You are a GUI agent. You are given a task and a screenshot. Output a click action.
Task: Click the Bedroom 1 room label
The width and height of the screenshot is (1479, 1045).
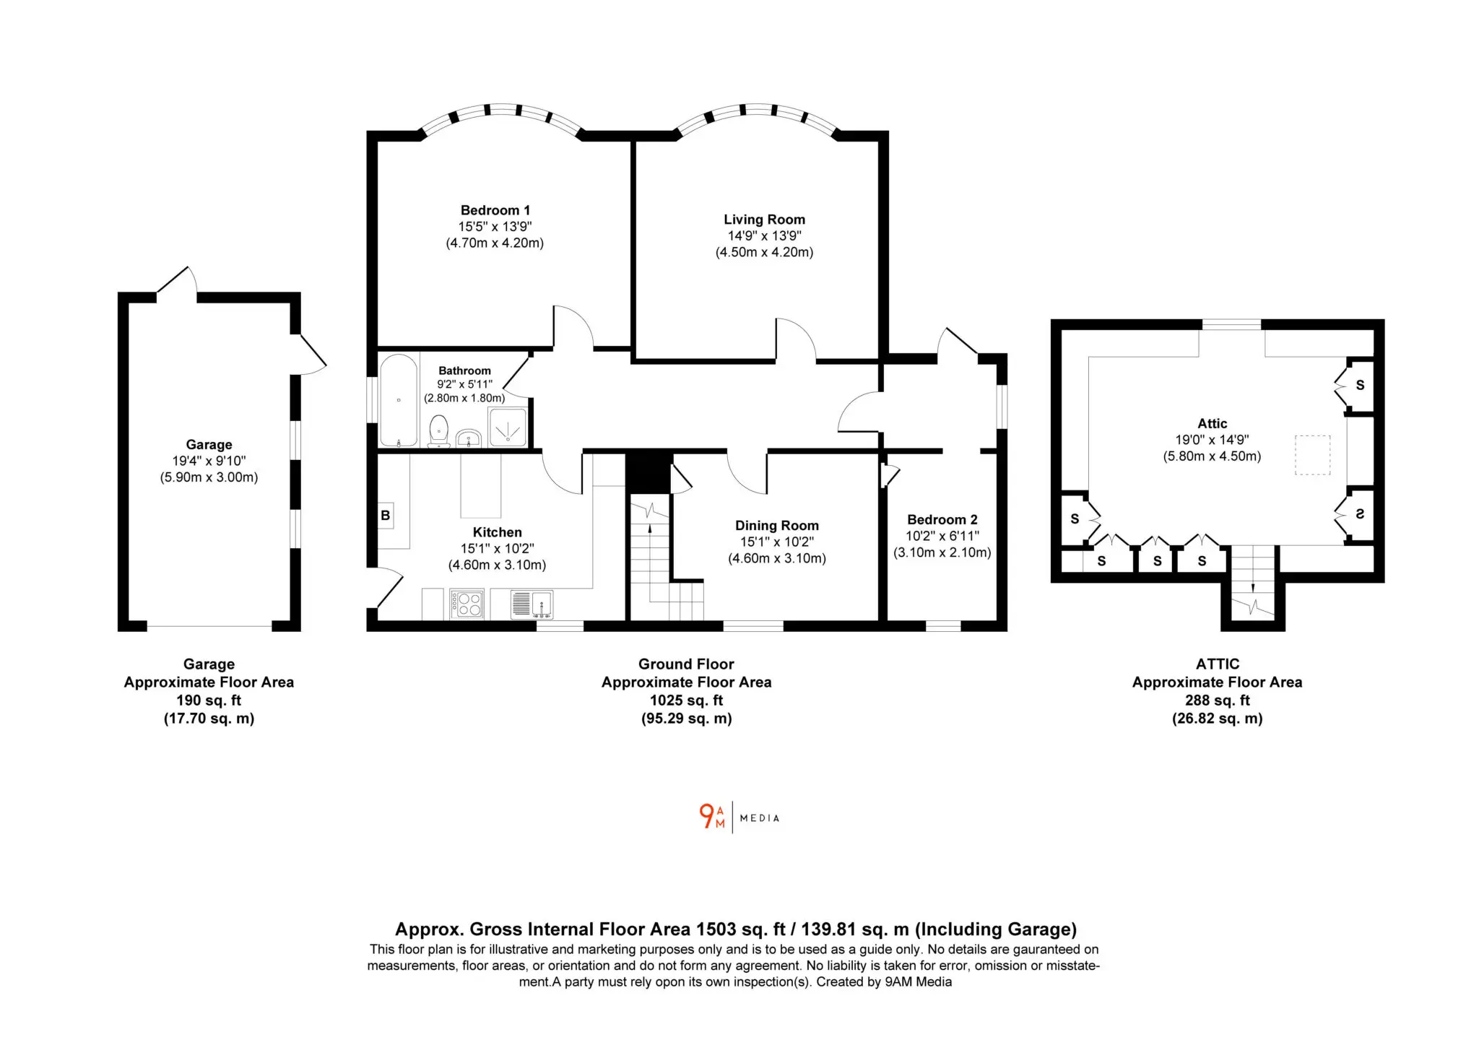[x=495, y=210]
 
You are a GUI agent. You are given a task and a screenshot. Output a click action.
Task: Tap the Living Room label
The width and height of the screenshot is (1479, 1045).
[x=764, y=220]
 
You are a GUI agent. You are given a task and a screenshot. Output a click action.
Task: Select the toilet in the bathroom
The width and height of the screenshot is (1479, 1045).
[x=438, y=430]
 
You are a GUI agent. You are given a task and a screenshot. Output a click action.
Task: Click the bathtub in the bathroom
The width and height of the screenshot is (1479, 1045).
[x=399, y=400]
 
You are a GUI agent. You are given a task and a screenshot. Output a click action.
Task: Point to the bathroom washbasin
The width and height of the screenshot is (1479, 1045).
[x=469, y=438]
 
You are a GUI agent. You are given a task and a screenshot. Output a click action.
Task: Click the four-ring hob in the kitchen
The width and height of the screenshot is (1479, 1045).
[x=467, y=604]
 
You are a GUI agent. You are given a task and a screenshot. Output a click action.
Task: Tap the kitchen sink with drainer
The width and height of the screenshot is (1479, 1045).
[x=532, y=604]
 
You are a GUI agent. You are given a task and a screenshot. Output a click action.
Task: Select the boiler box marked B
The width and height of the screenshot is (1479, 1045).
[x=386, y=516]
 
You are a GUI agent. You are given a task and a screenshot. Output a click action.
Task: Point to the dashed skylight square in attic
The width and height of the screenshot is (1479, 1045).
[x=1312, y=454]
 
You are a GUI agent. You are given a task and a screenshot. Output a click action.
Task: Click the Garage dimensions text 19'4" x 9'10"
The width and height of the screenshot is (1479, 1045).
[x=209, y=461]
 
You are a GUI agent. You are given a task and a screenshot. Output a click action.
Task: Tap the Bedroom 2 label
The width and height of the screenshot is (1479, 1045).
[x=942, y=519]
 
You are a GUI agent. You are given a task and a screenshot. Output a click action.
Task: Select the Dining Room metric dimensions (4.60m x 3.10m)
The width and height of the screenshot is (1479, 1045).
[x=777, y=558]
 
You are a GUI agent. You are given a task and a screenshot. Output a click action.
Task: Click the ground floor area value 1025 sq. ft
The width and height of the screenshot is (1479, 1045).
[x=686, y=700]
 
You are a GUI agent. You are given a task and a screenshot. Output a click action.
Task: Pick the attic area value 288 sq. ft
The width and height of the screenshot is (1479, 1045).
[x=1217, y=700]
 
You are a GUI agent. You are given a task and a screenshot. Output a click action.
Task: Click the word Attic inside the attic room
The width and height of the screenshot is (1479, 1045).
[x=1212, y=423]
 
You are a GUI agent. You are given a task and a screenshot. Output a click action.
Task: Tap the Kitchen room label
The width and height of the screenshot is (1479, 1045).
[x=497, y=532]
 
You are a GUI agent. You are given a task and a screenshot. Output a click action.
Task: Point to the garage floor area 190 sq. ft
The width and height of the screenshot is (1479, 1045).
[x=209, y=700]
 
